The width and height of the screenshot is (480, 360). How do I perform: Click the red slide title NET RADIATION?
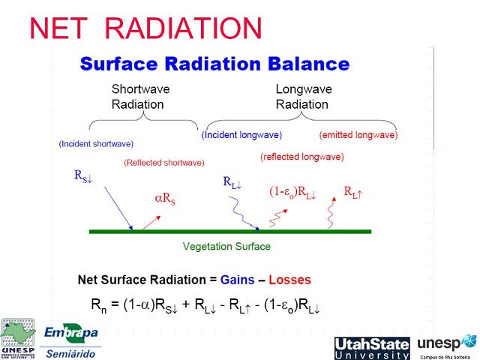pyautogui.click(x=145, y=28)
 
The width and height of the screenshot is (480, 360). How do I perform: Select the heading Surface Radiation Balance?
pyautogui.click(x=214, y=64)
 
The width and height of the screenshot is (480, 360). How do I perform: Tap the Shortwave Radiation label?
pyautogui.click(x=137, y=97)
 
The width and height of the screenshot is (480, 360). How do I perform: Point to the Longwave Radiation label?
pyautogui.click(x=304, y=97)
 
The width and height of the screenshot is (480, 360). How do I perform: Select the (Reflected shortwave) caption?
pyautogui.click(x=164, y=162)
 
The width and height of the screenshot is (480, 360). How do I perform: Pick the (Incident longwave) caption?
pyautogui.click(x=241, y=135)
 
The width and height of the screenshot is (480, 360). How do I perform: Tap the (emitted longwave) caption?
pyautogui.click(x=358, y=135)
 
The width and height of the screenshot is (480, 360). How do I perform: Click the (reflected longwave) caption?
pyautogui.click(x=302, y=157)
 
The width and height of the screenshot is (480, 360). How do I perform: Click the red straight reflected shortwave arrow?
pyautogui.click(x=148, y=220)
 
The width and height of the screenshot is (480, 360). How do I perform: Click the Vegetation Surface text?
pyautogui.click(x=226, y=246)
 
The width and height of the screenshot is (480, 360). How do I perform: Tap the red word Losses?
pyautogui.click(x=289, y=280)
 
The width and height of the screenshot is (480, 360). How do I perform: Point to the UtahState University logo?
pyautogui.click(x=371, y=348)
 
